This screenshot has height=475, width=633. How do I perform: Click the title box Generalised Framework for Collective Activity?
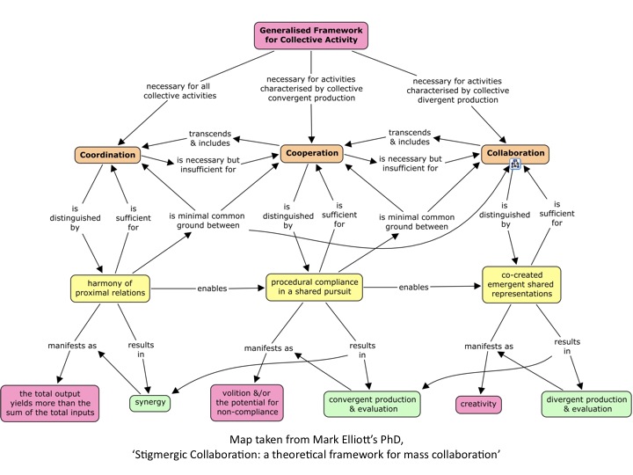[312, 35]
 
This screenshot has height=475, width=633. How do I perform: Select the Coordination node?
[105, 156]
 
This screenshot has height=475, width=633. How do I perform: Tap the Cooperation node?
[312, 153]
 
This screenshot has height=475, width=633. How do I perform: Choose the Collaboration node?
[514, 153]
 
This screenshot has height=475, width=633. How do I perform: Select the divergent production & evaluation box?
[585, 404]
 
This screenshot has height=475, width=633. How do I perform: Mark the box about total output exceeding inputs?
[52, 404]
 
